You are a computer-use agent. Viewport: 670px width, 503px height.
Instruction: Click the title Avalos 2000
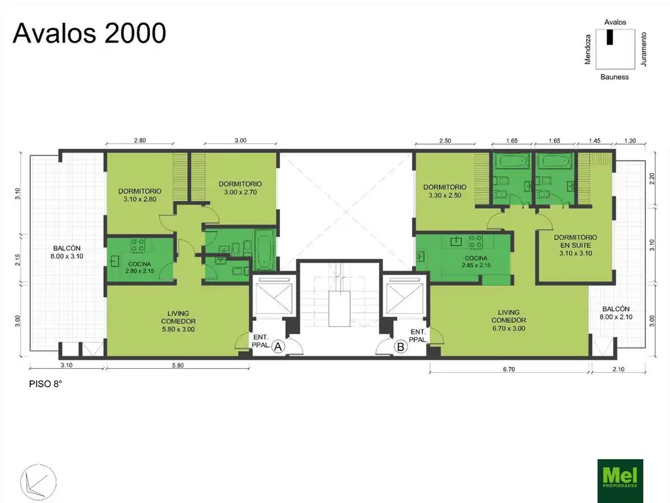89,33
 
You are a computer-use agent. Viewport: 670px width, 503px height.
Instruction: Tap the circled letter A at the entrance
278,346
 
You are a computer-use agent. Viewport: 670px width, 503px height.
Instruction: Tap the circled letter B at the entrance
400,346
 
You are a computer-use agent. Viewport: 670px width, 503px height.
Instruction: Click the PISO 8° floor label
45,384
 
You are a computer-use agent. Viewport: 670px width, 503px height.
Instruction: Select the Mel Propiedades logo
620,480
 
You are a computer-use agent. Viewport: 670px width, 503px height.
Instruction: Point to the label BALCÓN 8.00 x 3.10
67,252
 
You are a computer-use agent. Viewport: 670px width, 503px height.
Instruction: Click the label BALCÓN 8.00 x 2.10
616,312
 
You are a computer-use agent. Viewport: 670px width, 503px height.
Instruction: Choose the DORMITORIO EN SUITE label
576,245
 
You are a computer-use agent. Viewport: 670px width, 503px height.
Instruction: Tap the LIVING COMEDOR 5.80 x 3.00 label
178,321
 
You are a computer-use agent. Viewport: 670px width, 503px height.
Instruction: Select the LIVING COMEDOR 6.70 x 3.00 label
509,320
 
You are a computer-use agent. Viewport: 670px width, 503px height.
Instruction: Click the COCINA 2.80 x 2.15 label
140,267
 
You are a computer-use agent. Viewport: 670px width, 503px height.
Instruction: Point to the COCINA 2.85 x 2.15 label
476,261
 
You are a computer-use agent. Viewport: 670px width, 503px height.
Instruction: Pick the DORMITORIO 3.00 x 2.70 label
240,188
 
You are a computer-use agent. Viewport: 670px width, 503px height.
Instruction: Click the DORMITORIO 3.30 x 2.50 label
445,191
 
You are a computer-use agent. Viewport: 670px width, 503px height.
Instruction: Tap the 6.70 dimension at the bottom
509,369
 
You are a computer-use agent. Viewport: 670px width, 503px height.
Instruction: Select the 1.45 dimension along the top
594,140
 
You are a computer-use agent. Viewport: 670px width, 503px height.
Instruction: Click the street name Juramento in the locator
644,49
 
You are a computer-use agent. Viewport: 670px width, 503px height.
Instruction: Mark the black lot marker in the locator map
610,37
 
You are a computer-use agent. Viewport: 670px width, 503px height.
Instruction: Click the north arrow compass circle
38,482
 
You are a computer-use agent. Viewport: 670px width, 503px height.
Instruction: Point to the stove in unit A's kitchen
137,245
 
